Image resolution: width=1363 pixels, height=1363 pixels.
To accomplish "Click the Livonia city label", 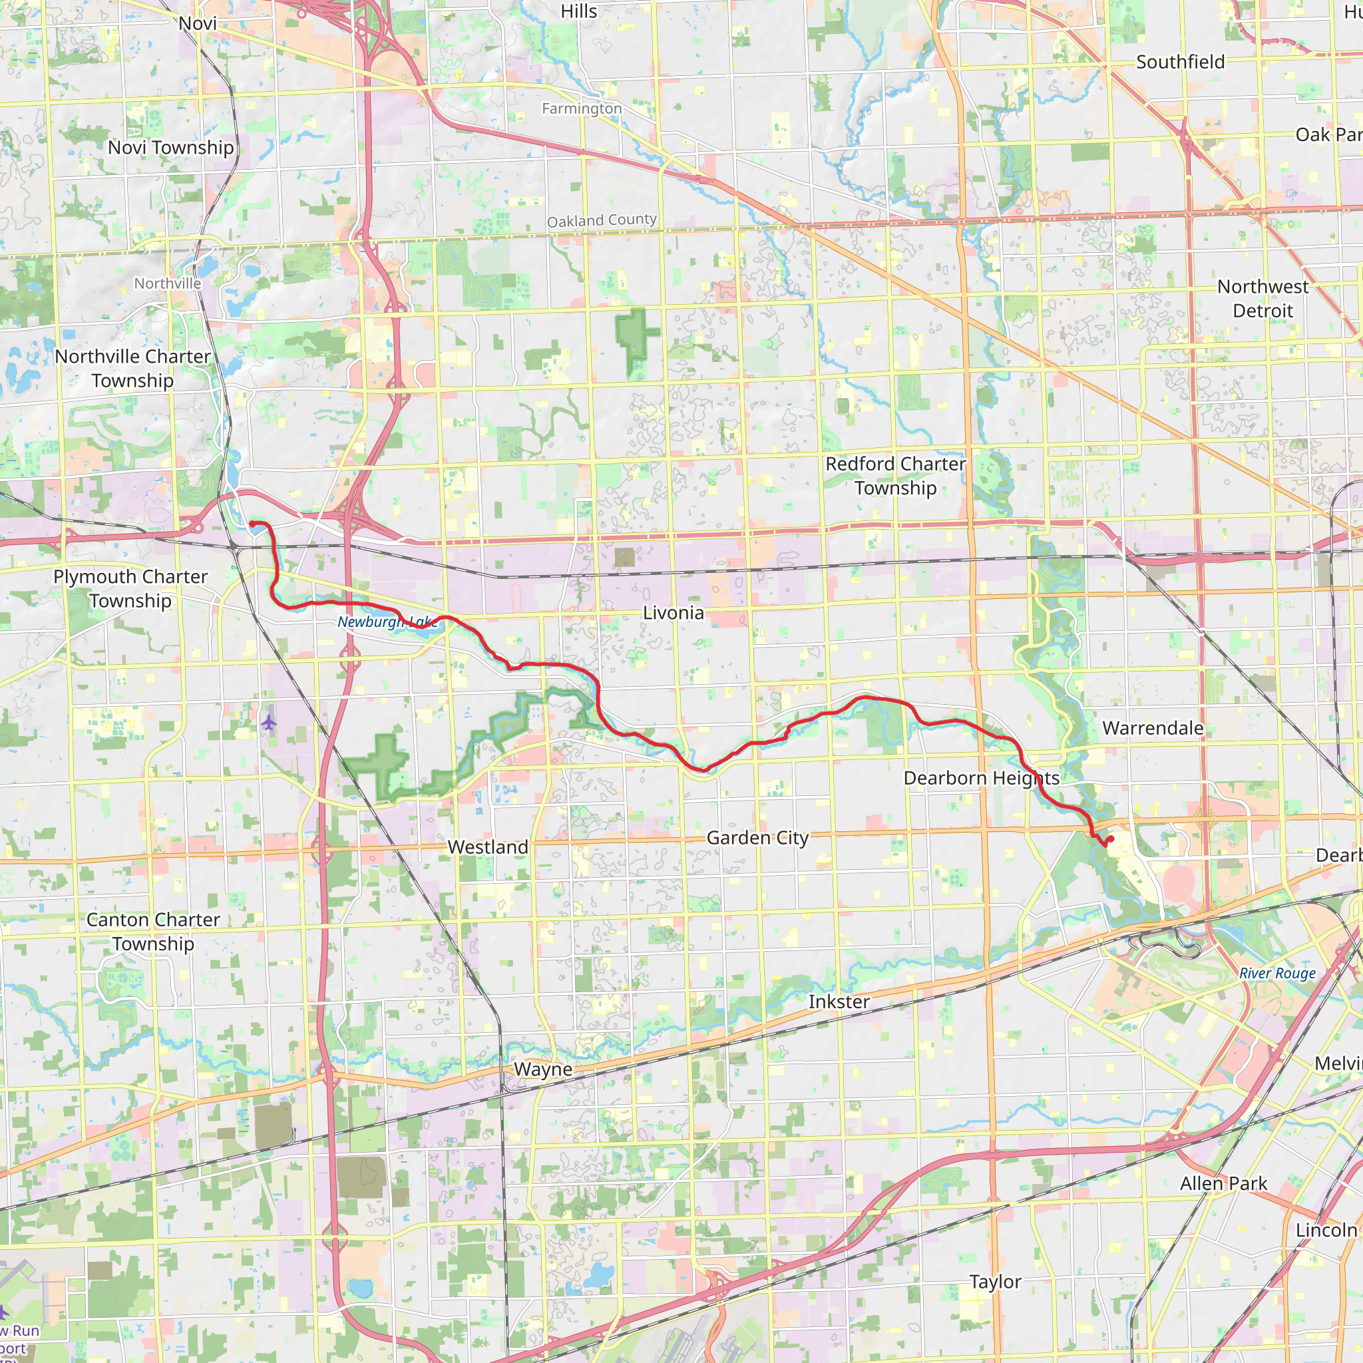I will pos(673,613).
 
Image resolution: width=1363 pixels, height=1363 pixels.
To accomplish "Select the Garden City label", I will pos(757,838).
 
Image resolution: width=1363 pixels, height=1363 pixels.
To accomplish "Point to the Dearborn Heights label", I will pos(982,778).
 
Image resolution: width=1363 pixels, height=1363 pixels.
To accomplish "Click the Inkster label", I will pos(839,1002).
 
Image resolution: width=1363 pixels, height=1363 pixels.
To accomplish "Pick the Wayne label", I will pos(542,1069).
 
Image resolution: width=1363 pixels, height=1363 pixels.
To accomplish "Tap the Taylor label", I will pos(995,1281).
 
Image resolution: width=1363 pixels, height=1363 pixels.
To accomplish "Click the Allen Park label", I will pos(1223,1183).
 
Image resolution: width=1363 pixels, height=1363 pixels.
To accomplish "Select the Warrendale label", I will pos(1153,728).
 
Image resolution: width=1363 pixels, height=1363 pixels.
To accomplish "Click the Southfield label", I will pos(1180,62).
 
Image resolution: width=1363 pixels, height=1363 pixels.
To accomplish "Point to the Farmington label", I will pos(582,108).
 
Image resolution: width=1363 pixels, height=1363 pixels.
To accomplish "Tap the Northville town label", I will pos(168,284).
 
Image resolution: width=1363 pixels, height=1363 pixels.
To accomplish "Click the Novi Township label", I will pos(171,148).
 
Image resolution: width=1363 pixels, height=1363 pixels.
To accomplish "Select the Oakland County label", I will pos(602,221).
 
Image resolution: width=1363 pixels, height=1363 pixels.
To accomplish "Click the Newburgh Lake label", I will pos(387,622).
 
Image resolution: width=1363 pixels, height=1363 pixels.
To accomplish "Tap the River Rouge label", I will pos(1278,974).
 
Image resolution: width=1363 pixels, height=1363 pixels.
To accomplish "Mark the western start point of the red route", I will pos(252,524).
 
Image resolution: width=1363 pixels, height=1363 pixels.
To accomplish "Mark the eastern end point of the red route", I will pos(1111,839).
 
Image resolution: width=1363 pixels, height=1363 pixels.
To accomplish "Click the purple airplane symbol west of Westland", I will pos(269,723).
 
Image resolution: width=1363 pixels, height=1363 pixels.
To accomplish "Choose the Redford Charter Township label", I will pos(895,477).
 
